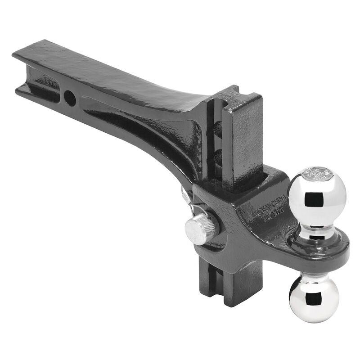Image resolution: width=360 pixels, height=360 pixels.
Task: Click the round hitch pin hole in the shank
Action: pyautogui.click(x=70, y=98)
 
